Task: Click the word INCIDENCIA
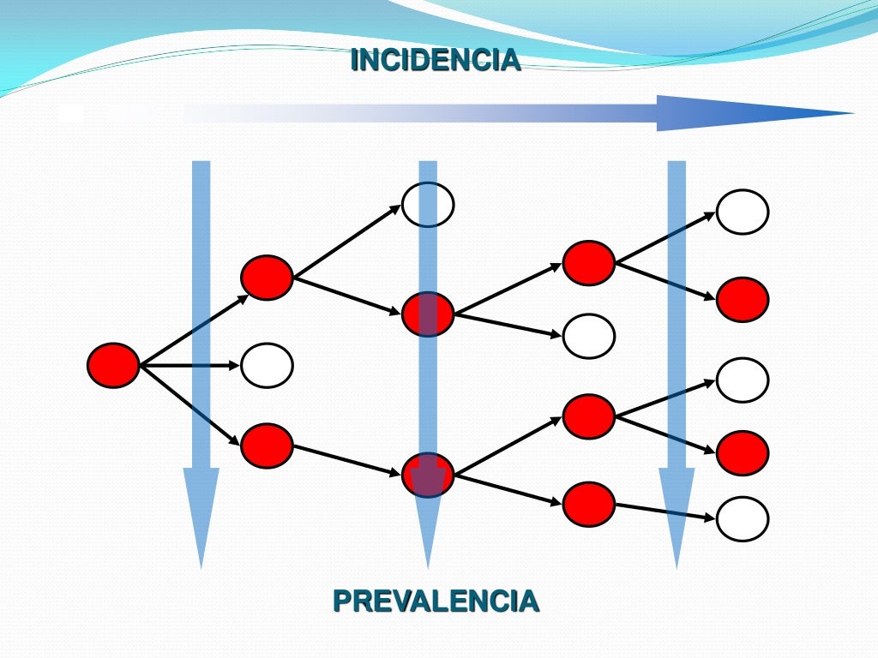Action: (436, 60)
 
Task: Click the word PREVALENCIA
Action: (436, 601)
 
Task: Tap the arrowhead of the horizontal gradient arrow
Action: (755, 113)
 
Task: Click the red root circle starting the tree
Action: (113, 365)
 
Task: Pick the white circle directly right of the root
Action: (267, 365)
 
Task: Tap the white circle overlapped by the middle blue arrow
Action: (428, 205)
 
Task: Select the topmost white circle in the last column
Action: (743, 212)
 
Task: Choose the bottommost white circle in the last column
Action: (743, 519)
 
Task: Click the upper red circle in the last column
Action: (743, 300)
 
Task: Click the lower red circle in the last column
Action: (743, 453)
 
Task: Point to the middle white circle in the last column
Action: (743, 380)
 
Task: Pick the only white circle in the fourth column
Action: (589, 336)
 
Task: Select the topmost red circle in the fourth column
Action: (589, 263)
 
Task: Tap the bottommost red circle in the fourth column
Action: (589, 504)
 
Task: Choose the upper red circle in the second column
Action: (267, 278)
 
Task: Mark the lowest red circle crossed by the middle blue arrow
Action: (428, 475)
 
